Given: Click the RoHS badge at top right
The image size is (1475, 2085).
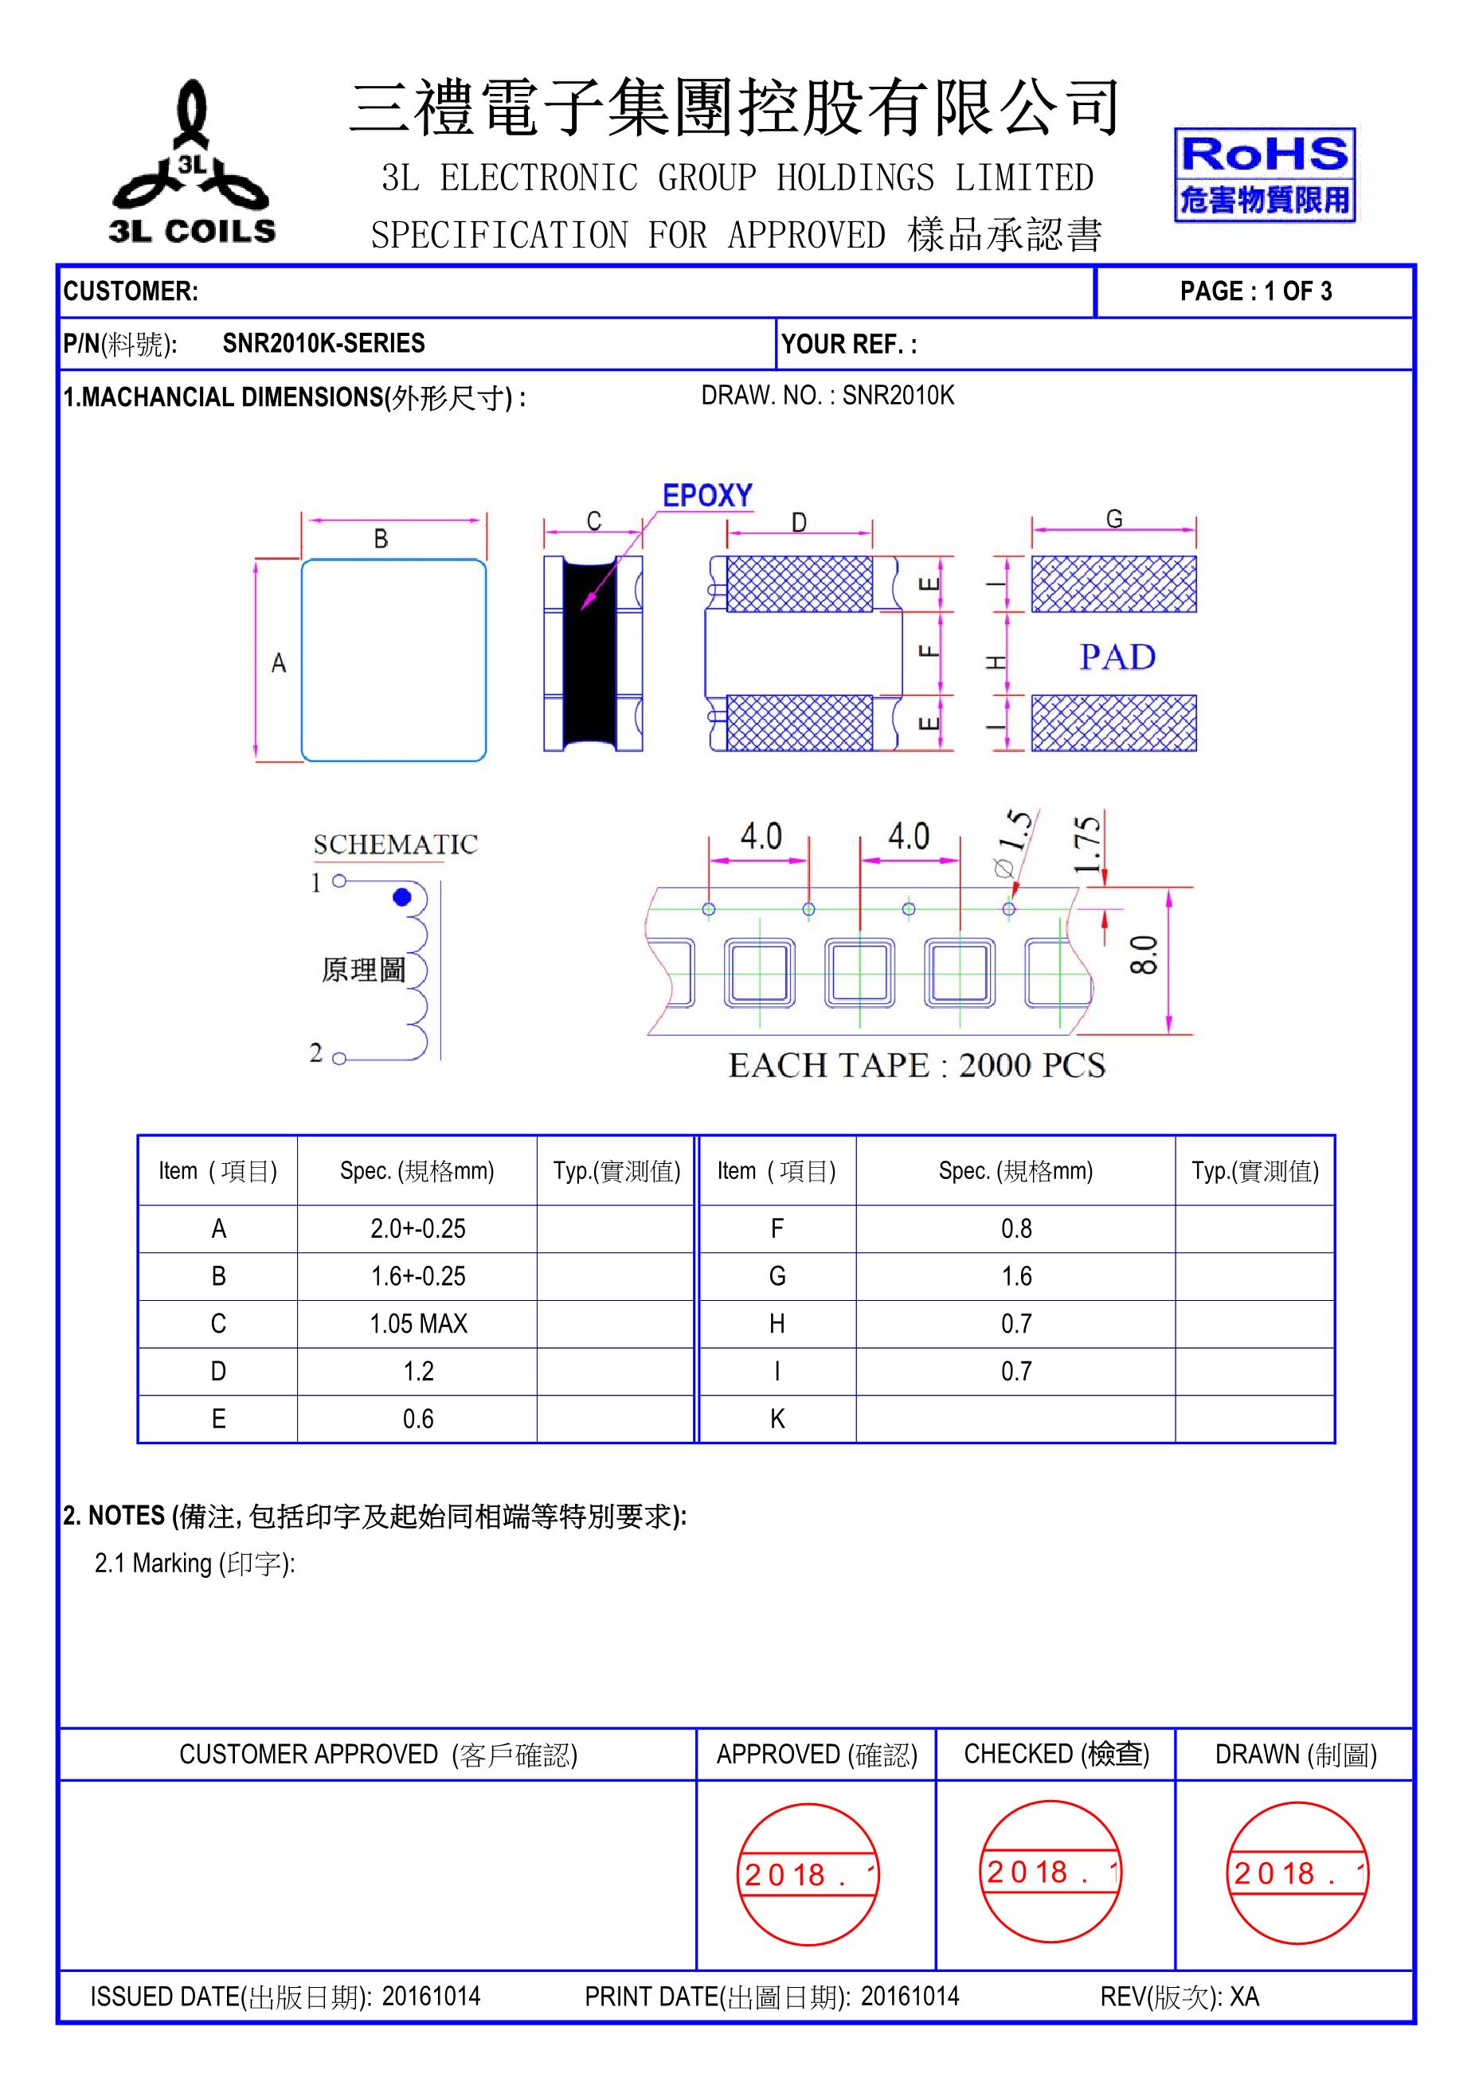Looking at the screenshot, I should pos(1263,175).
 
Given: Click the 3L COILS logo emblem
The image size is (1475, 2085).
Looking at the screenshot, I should pos(192,163).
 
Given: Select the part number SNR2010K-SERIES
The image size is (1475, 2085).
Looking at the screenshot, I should pos(323,343).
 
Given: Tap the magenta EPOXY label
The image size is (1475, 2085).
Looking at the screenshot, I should pos(707,496).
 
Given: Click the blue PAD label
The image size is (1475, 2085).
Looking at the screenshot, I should pos(1117,657).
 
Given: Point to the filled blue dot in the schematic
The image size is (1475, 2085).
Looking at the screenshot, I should pos(401,897).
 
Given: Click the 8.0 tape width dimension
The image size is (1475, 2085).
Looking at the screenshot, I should pos(1145,955).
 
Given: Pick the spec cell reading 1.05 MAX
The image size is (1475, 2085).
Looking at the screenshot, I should pos(418,1323).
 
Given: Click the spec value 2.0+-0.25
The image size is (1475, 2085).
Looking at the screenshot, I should pos(418,1228).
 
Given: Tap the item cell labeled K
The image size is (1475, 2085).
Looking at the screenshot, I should pos(777,1419).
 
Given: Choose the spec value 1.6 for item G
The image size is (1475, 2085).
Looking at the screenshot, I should pos(1015,1276).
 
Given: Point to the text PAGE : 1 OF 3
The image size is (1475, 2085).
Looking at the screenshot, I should pos(1255,291).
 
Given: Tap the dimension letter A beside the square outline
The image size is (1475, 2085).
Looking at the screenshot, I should pos(279,663).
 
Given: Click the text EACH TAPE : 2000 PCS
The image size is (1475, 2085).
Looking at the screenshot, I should pos(917,1064).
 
